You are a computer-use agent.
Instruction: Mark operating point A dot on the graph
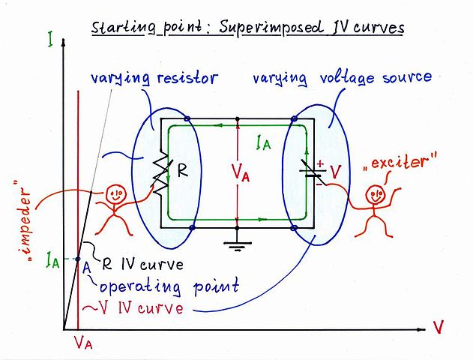click(78, 259)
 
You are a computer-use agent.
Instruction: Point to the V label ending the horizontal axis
click(439, 327)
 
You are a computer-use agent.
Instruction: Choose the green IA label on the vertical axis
click(51, 261)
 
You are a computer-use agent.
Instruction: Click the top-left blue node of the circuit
click(186, 119)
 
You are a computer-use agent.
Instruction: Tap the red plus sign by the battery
click(319, 162)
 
